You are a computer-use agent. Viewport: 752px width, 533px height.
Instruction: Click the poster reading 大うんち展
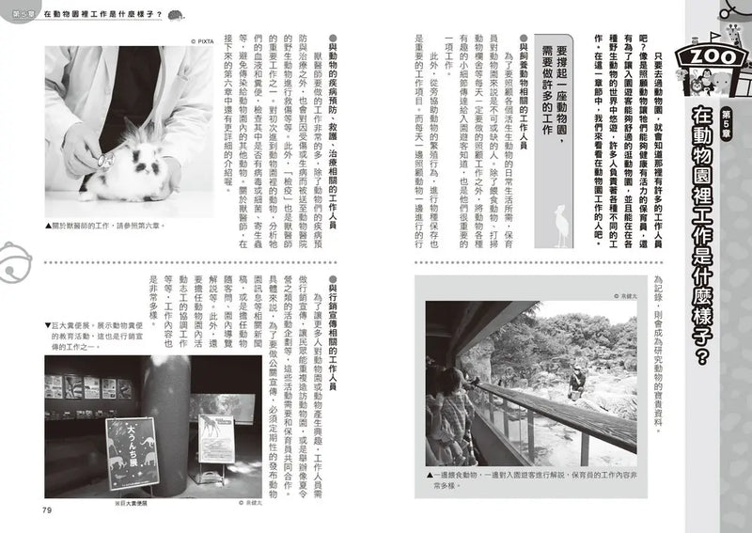click(132, 451)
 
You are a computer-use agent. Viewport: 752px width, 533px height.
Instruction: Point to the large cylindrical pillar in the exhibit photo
click(170, 414)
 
